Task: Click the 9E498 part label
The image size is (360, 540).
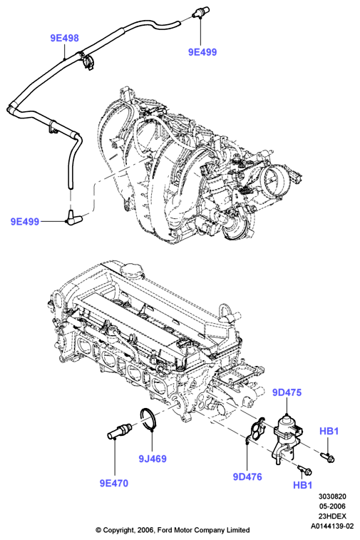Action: tap(64, 38)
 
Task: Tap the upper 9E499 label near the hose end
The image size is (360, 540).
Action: tap(202, 52)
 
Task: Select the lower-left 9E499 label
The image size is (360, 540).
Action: tap(25, 221)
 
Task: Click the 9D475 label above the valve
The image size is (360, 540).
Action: tap(287, 392)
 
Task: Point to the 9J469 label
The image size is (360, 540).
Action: tap(153, 459)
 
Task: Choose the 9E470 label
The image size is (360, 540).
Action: tap(114, 483)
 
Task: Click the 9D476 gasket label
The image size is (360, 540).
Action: tap(247, 477)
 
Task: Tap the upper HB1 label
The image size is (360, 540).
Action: tap(329, 431)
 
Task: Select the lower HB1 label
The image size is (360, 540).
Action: tap(302, 485)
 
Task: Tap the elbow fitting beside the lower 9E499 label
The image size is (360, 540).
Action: tap(73, 217)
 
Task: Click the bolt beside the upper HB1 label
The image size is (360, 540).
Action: tap(327, 457)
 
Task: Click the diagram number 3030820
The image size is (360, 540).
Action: tap(332, 496)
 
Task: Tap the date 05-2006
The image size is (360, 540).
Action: tap(332, 506)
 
